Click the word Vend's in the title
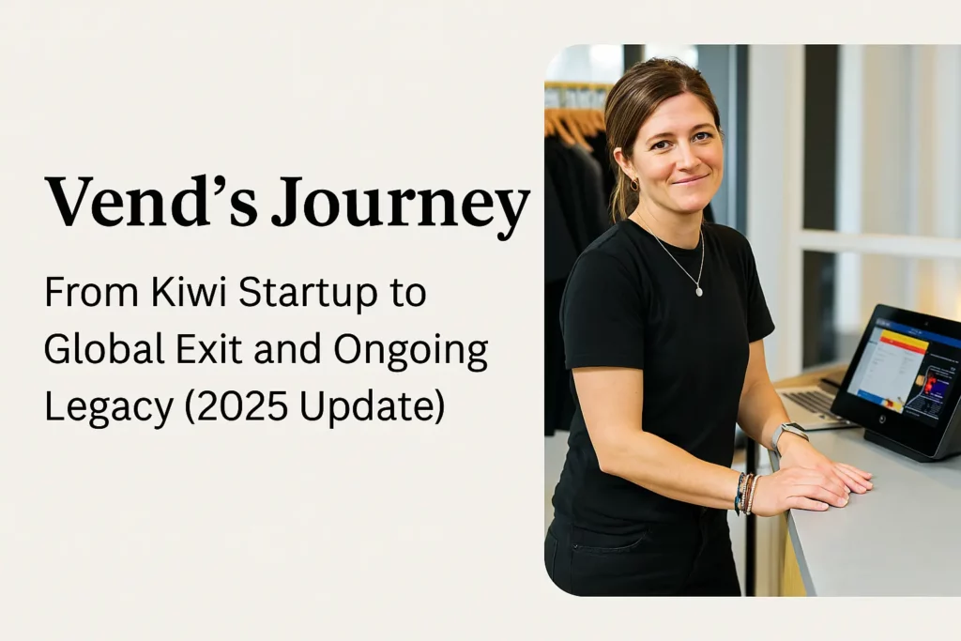pyautogui.click(x=151, y=201)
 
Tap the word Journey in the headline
pyautogui.click(x=400, y=206)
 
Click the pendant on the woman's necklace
pyautogui.click(x=698, y=292)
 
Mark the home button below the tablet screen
pyautogui.click(x=881, y=420)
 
